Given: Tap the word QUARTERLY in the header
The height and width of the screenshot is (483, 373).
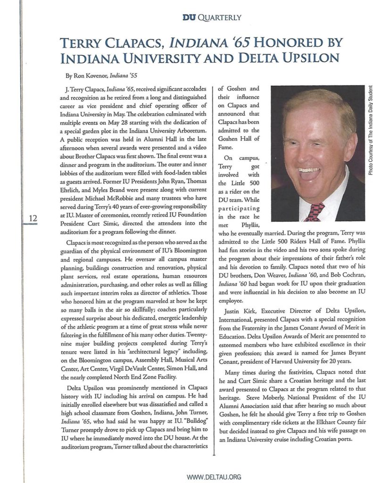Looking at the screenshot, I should (220, 18).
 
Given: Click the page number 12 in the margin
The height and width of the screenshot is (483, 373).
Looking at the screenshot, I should (33, 217).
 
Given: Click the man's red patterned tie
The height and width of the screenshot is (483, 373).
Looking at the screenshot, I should (315, 212).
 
